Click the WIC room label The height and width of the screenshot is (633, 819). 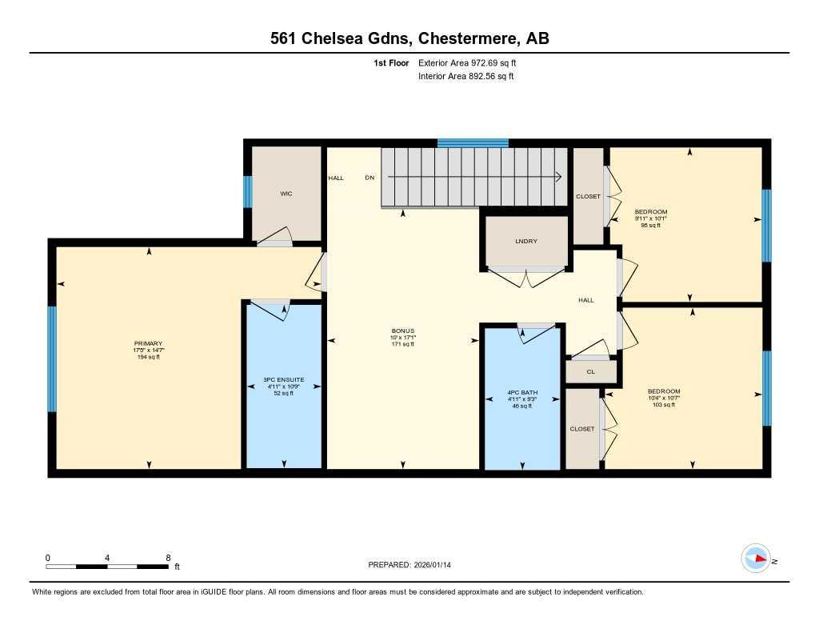[x=286, y=194]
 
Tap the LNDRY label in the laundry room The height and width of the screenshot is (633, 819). [x=526, y=241]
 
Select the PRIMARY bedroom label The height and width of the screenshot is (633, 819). [x=148, y=343]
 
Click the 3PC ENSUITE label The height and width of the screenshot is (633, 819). [x=284, y=380]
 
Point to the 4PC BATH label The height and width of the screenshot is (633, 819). [x=521, y=393]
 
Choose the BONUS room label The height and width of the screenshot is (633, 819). [x=402, y=331]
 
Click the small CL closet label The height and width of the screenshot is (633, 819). [x=590, y=371]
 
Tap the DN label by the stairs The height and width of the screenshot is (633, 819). [x=370, y=178]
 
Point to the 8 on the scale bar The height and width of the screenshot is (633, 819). [x=167, y=558]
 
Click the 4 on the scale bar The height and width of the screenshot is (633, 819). [x=107, y=558]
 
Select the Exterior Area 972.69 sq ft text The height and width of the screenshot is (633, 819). [x=473, y=62]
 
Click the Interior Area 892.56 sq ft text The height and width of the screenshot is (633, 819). [x=465, y=77]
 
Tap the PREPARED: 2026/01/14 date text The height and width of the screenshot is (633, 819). [x=414, y=565]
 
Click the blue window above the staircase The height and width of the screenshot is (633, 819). [x=473, y=143]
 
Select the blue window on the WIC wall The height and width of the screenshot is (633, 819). [x=248, y=192]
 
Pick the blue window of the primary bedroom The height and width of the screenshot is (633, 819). [x=52, y=359]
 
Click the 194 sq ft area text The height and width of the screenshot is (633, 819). [x=148, y=357]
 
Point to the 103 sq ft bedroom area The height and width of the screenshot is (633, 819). [x=664, y=405]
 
